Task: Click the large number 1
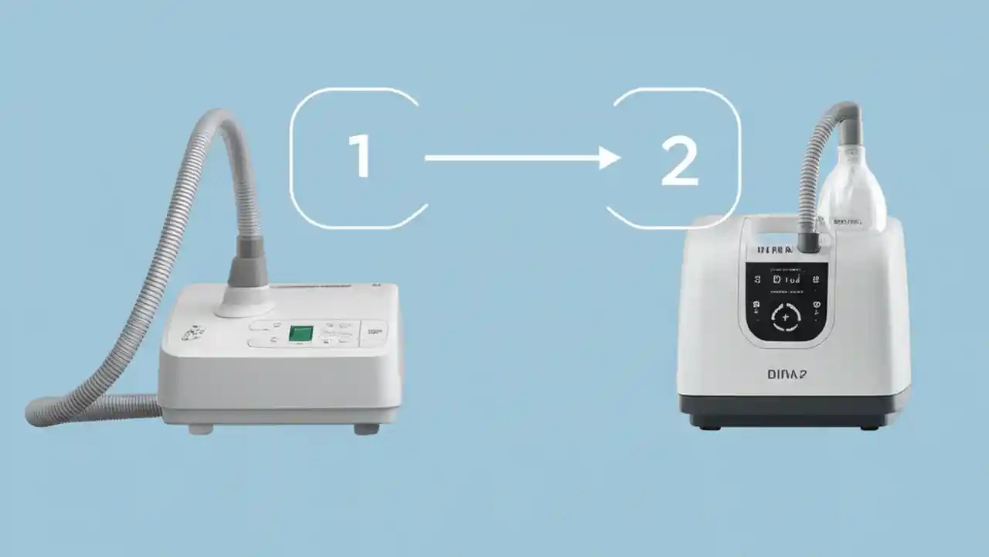pos(360,157)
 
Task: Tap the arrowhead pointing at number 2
pos(610,159)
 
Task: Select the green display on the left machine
pos(301,333)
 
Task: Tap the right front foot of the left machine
pos(366,429)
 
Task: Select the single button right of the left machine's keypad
pos(374,333)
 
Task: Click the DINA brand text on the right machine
pos(787,374)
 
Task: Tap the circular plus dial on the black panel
pos(786,317)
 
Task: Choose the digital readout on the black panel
pos(786,278)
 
